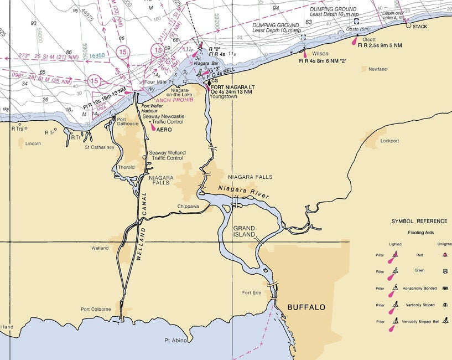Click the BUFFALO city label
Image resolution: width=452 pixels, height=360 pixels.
[x=306, y=307]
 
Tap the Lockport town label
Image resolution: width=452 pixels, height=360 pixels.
[x=389, y=141]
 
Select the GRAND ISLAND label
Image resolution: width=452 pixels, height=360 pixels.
[x=244, y=232]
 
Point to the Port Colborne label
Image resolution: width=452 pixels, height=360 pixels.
[x=96, y=309]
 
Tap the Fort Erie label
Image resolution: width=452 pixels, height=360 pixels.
[x=251, y=292]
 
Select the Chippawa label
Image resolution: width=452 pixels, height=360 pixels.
[x=188, y=206]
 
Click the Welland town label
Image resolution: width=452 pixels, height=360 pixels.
[x=100, y=248]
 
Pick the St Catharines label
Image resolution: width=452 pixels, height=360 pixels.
[x=99, y=147]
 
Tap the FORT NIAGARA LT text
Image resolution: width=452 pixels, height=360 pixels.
[x=232, y=86]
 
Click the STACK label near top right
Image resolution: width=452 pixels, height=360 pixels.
[x=420, y=26]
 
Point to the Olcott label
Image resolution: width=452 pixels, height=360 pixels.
[x=369, y=39]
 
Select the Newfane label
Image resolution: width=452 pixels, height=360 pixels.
[x=377, y=69]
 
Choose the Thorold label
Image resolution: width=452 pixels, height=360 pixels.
[x=126, y=167]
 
